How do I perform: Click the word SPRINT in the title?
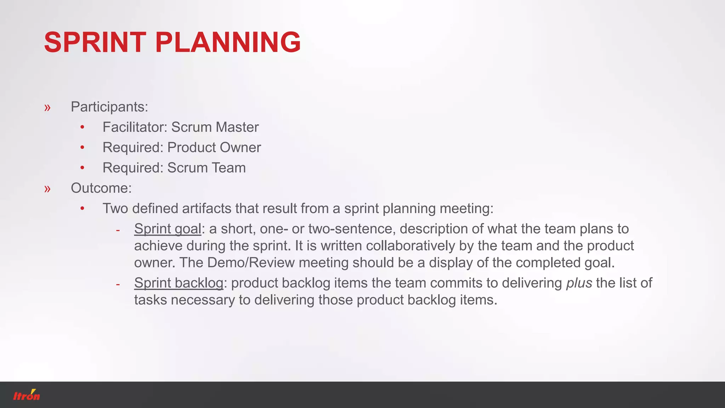tap(95, 42)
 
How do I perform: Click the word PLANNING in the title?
tap(228, 42)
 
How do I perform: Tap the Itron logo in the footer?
tap(27, 395)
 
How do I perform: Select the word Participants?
tap(109, 107)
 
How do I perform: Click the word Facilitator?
tap(135, 127)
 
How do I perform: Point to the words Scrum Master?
tap(215, 127)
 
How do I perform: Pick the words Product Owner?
tap(214, 147)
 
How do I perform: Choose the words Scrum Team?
tap(206, 168)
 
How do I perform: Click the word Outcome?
tap(101, 188)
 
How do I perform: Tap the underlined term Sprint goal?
tap(167, 229)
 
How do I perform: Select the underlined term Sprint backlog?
tap(178, 283)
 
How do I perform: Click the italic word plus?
tap(579, 283)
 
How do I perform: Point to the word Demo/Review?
tap(251, 263)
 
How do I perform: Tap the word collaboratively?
tap(410, 246)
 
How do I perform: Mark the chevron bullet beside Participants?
tap(47, 107)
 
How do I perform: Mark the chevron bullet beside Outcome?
tap(47, 189)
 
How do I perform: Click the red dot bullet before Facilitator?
tap(82, 127)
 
